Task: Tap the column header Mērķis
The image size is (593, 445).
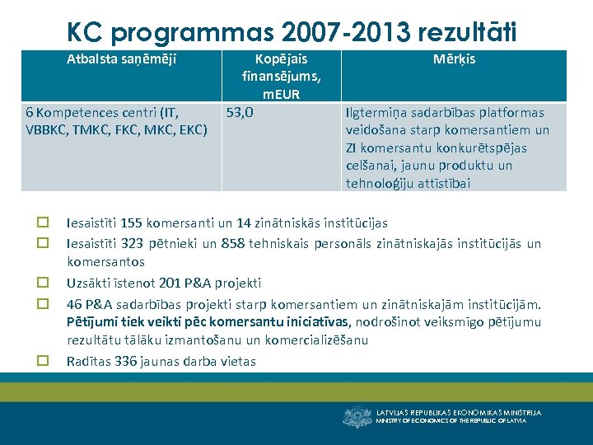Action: click(x=454, y=59)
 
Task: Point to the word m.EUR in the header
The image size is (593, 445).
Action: click(x=281, y=94)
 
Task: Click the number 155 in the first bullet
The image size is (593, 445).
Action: click(x=131, y=222)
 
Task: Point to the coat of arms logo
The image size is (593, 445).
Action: click(x=357, y=416)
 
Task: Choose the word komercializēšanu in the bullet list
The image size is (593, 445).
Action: click(x=316, y=340)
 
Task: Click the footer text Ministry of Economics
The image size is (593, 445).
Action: click(x=451, y=421)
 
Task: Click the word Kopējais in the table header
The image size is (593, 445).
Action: click(x=281, y=59)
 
